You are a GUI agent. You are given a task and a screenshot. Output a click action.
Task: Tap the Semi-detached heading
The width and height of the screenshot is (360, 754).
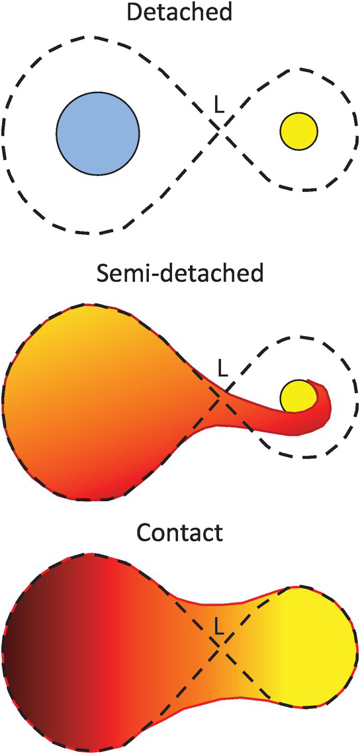(180, 276)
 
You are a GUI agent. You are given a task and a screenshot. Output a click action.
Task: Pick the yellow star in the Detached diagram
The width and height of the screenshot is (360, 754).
(298, 131)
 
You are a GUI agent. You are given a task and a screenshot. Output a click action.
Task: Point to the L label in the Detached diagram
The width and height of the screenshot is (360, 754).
(219, 106)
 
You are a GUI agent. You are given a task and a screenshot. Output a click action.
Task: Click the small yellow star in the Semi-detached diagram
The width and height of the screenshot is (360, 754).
(298, 396)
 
